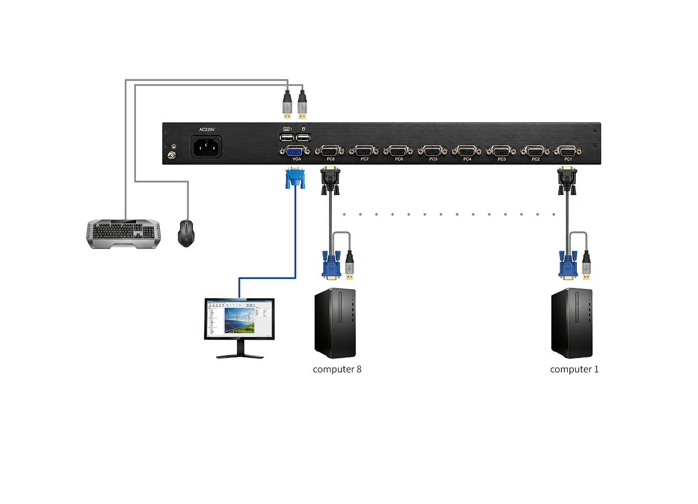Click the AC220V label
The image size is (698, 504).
coord(207,129)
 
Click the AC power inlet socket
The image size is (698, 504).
coord(206,147)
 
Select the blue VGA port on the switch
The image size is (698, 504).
coord(295,151)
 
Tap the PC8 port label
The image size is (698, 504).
coord(331,159)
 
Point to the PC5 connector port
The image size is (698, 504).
coord(433,151)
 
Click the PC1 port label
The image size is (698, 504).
coord(568,159)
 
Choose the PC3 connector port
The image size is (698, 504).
coord(501,151)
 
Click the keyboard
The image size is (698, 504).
coord(124,234)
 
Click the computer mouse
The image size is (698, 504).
coord(186,233)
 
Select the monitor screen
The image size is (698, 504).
coord(239,318)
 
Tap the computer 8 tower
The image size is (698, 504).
coord(335,323)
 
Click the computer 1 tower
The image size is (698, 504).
coord(572,323)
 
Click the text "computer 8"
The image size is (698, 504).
coord(337,370)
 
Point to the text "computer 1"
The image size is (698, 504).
coord(574,370)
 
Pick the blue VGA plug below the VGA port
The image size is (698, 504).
coord(295,178)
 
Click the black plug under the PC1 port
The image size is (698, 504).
coord(567,181)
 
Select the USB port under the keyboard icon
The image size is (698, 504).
coord(287,137)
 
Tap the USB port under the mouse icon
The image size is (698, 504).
coord(303,137)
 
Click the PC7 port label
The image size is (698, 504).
coord(364,159)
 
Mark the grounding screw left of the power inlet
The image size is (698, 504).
coord(172,155)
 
